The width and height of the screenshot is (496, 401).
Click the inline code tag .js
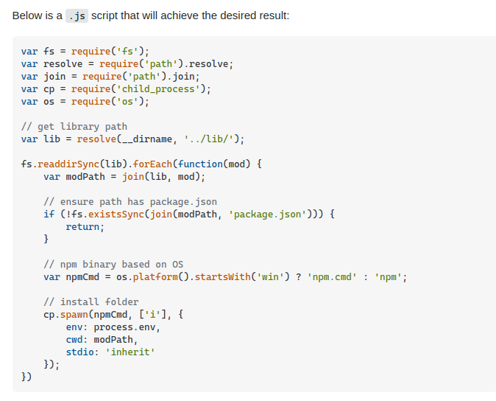[77, 15]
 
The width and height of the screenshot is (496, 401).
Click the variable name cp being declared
[49, 89]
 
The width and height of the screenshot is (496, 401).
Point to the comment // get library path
[74, 127]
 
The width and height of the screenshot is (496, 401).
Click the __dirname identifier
[146, 139]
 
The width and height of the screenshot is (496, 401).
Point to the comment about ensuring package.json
[130, 202]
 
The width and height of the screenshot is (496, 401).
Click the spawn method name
[74, 315]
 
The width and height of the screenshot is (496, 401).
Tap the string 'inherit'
[132, 352]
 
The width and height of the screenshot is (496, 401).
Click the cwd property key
[74, 340]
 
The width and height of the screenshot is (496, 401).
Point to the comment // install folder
[91, 302]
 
